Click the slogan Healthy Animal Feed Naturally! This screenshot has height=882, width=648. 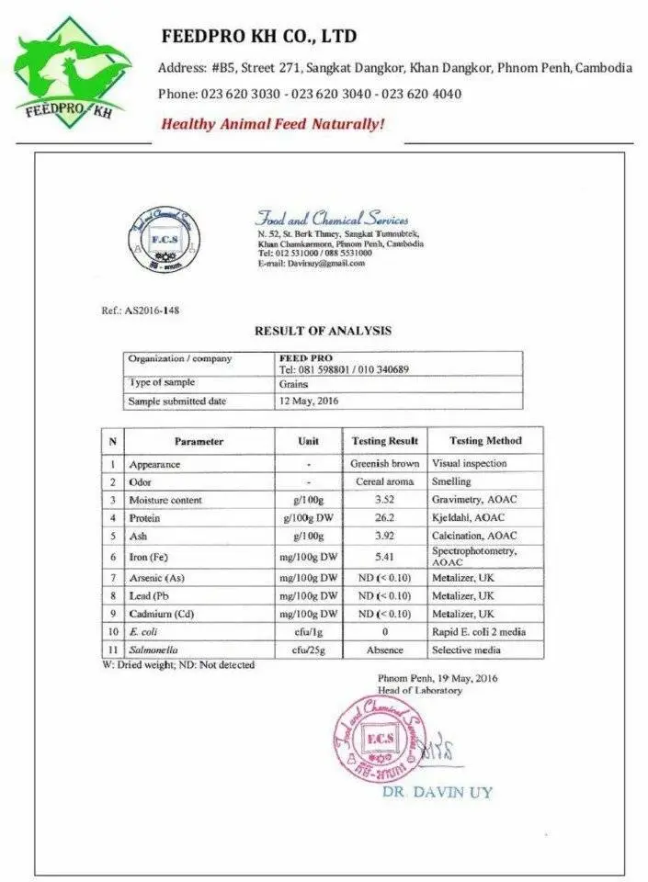tap(273, 124)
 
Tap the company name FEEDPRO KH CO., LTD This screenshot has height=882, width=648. tap(259, 37)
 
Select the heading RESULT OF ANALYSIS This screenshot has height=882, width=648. tap(323, 331)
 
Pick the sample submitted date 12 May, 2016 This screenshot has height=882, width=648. tap(310, 401)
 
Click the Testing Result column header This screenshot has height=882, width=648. tap(386, 441)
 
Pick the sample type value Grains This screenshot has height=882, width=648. tap(293, 384)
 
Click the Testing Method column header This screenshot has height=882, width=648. tap(486, 441)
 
